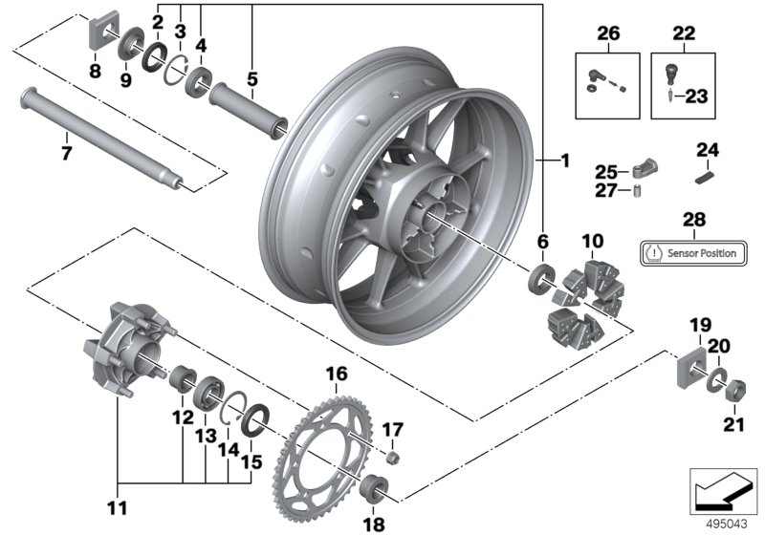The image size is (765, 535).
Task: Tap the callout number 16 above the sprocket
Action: [337, 374]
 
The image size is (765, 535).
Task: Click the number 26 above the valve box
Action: [608, 33]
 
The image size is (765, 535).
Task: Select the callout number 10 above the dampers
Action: [593, 238]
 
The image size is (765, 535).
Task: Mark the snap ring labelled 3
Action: [173, 68]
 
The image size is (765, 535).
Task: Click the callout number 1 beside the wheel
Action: [565, 162]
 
